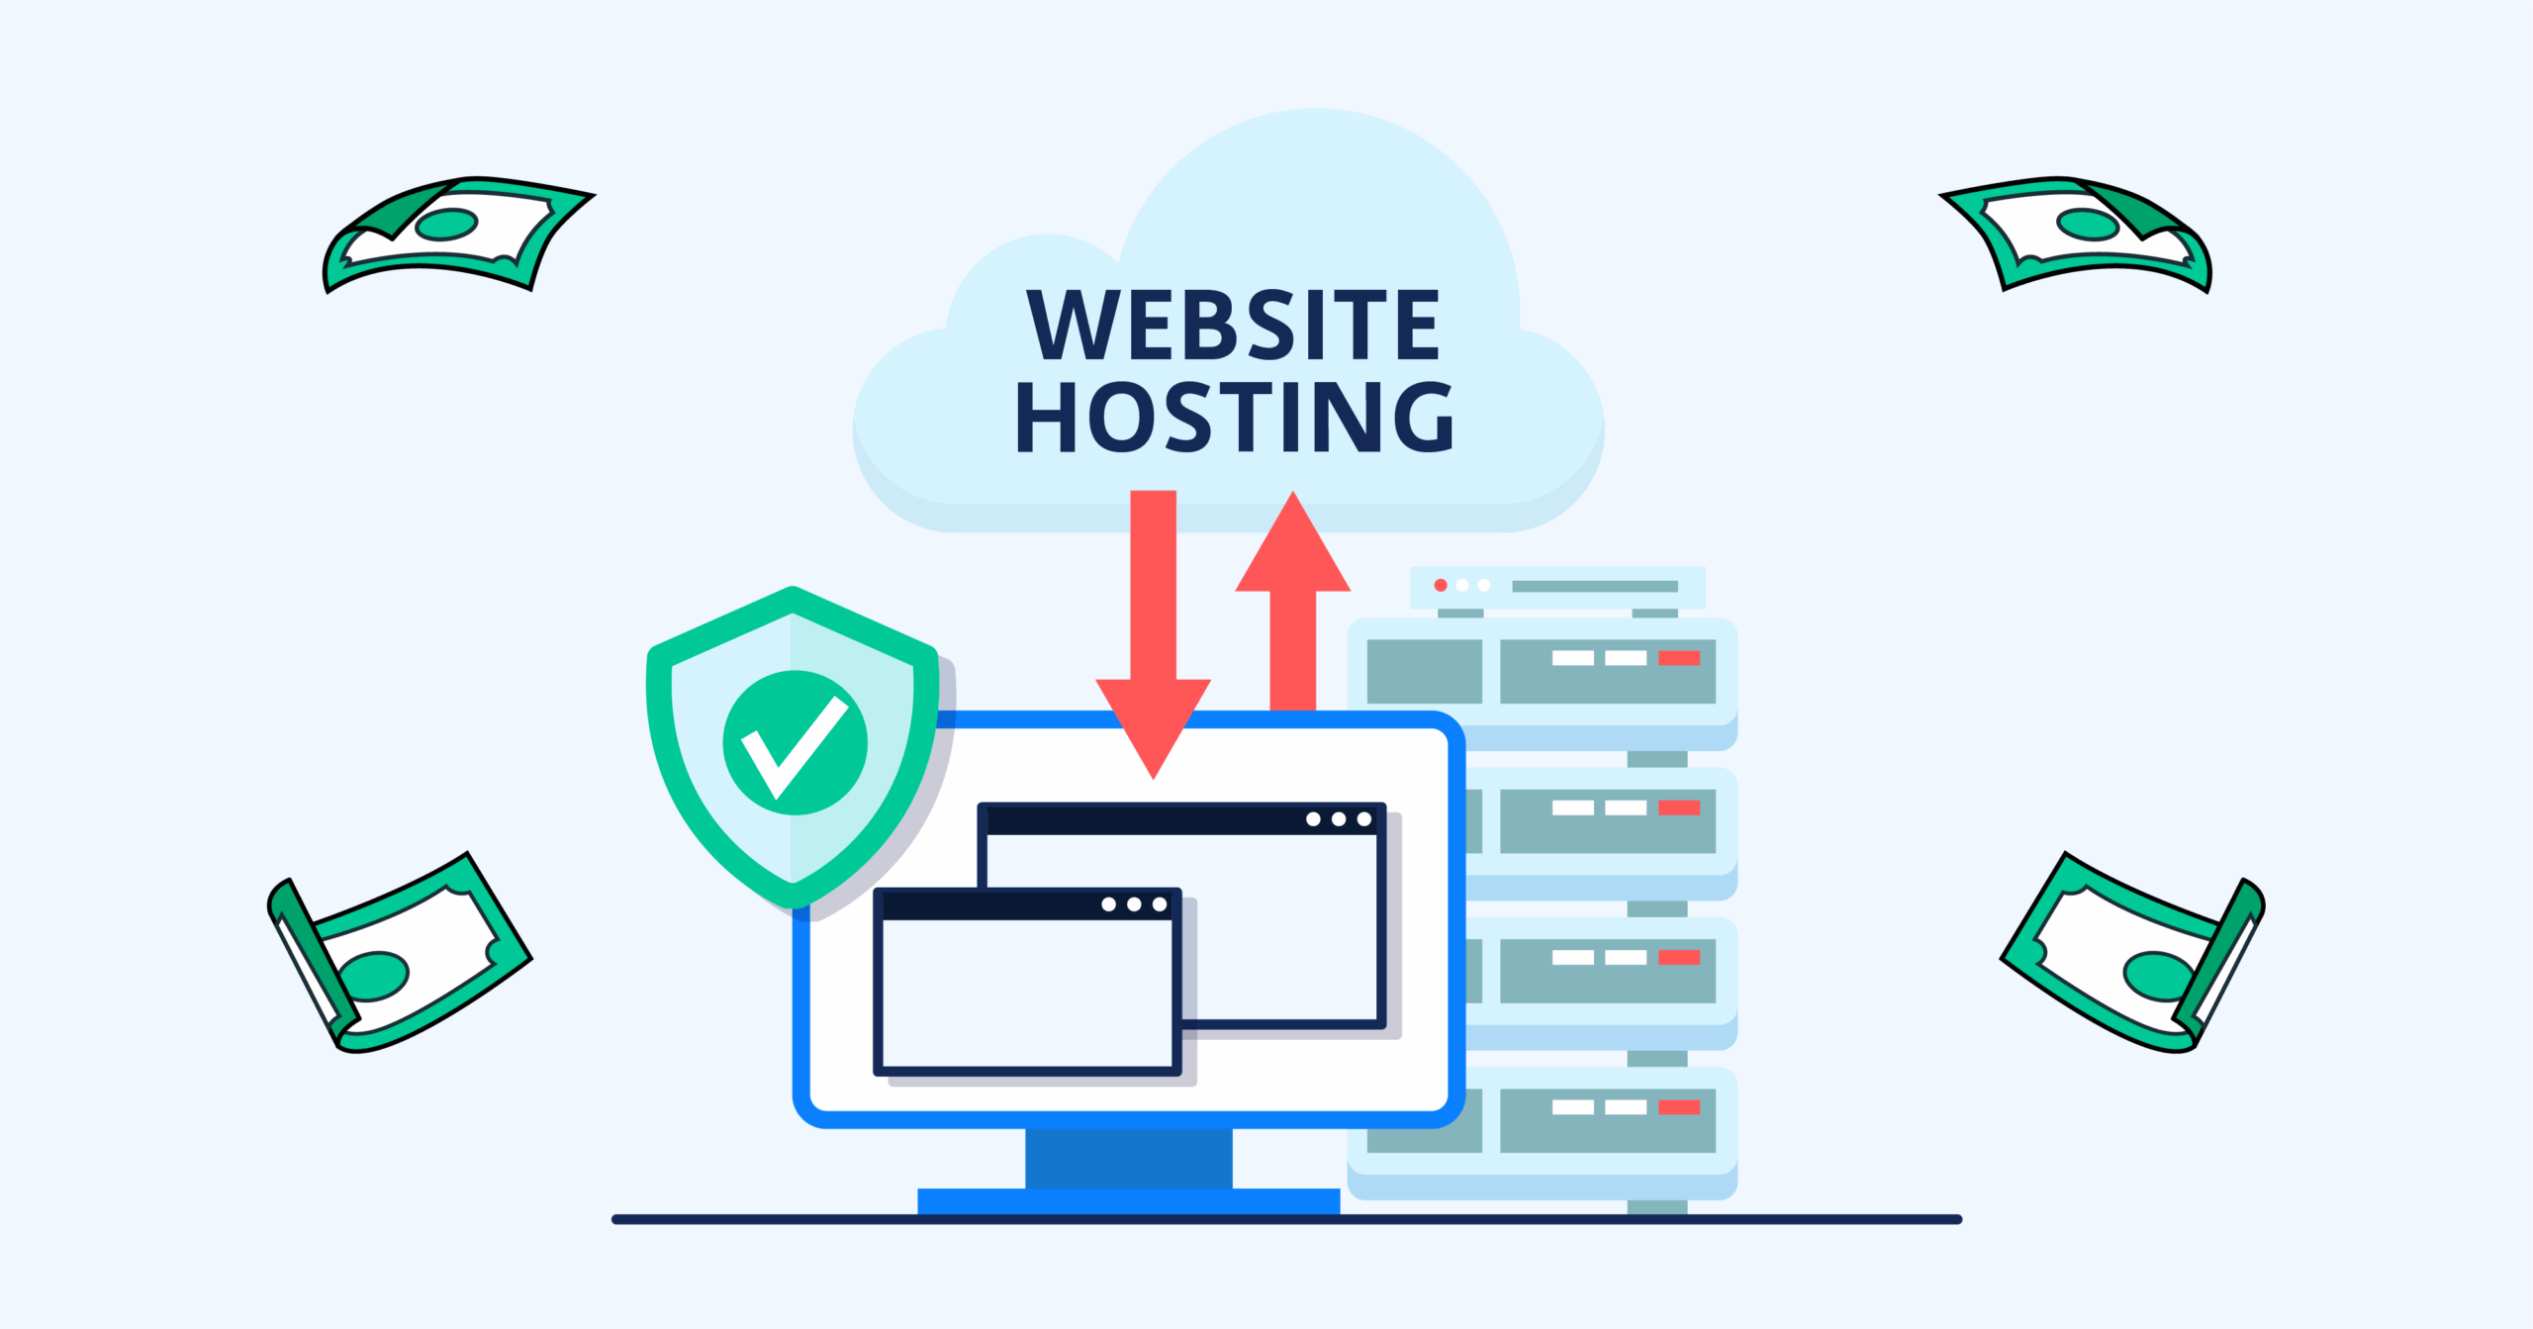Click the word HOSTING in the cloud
[1233, 417]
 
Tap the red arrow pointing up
[1292, 594]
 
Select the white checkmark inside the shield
[795, 746]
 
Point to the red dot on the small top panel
[1441, 586]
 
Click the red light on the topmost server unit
[1679, 658]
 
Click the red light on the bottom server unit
[1679, 1107]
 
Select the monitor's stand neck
[1129, 1158]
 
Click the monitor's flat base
[1129, 1201]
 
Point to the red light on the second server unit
[1679, 807]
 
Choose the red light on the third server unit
[1679, 957]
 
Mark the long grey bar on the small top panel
[1595, 587]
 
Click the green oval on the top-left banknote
[446, 225]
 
